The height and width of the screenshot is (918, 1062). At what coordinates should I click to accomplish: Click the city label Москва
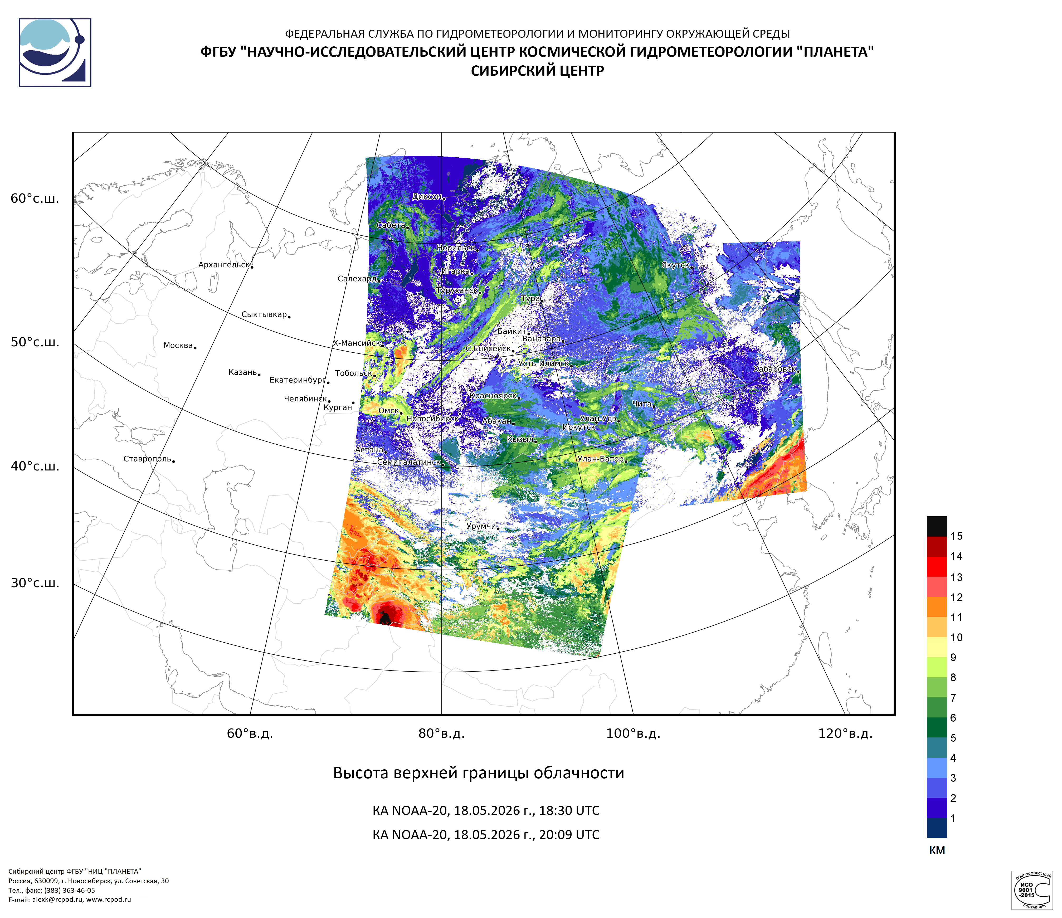click(178, 346)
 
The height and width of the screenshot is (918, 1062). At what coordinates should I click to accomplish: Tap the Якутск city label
click(675, 265)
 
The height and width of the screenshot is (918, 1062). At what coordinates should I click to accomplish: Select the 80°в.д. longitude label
click(441, 734)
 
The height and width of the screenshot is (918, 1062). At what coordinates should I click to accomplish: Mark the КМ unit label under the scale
click(937, 850)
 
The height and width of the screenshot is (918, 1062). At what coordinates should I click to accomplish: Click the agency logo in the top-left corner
click(55, 53)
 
